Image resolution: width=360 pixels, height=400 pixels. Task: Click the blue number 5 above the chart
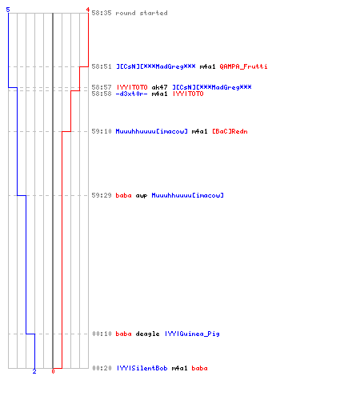(x=8, y=10)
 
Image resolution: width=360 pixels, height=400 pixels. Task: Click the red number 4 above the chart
(x=87, y=10)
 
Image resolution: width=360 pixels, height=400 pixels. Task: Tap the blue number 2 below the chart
(x=34, y=371)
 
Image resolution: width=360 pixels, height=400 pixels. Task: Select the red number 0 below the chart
(x=53, y=371)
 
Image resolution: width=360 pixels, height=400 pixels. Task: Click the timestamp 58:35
(x=102, y=13)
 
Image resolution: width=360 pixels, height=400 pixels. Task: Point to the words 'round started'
(x=142, y=13)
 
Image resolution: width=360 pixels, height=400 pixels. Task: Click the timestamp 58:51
(x=102, y=66)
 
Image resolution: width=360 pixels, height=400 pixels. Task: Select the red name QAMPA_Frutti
(x=243, y=66)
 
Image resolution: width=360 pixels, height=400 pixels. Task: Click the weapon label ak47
(x=159, y=87)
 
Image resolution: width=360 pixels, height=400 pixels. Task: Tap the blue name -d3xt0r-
(x=131, y=94)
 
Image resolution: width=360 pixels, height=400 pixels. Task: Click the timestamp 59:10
(x=102, y=131)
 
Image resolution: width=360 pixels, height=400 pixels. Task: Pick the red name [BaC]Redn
(x=230, y=131)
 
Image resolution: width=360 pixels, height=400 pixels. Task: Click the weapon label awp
(x=142, y=195)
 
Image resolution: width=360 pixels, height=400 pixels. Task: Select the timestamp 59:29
(x=102, y=195)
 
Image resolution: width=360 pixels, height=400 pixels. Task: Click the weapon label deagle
(x=147, y=334)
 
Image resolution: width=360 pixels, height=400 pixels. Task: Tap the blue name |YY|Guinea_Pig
(x=192, y=334)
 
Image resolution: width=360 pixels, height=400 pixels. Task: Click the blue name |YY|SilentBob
(x=142, y=368)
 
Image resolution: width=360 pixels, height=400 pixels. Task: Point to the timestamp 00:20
(x=102, y=368)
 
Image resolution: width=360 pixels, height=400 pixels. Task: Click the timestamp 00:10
(x=102, y=334)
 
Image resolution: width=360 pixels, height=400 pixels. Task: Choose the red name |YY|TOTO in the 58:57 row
(x=132, y=87)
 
